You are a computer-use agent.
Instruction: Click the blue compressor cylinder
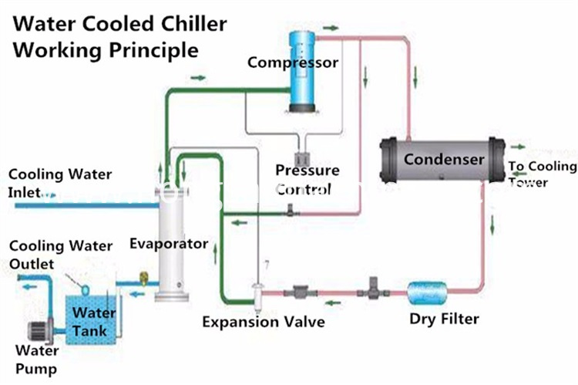pos(302,71)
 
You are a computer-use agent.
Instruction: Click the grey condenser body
pos(442,160)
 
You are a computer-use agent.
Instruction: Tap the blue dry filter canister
pos(427,293)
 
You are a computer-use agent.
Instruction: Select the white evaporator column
pos(172,244)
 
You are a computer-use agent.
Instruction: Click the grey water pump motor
pos(39,331)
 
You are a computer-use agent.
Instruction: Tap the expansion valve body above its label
pos(257,293)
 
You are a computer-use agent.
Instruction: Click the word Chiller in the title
pos(194,24)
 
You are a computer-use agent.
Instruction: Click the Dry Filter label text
pos(444,319)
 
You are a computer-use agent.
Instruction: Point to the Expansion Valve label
pos(264,322)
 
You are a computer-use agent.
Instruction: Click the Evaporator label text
pos(169,244)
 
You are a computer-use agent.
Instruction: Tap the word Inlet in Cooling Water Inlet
pos(24,192)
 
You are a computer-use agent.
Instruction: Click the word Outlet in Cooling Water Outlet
pos(32,264)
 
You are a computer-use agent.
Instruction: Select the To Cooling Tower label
pos(543,174)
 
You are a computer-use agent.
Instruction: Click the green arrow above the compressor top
pos(331,28)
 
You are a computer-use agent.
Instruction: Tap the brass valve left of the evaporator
pos(144,279)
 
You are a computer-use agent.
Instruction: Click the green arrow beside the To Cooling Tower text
pos(518,147)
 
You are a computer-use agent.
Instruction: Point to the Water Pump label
pos(36,360)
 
